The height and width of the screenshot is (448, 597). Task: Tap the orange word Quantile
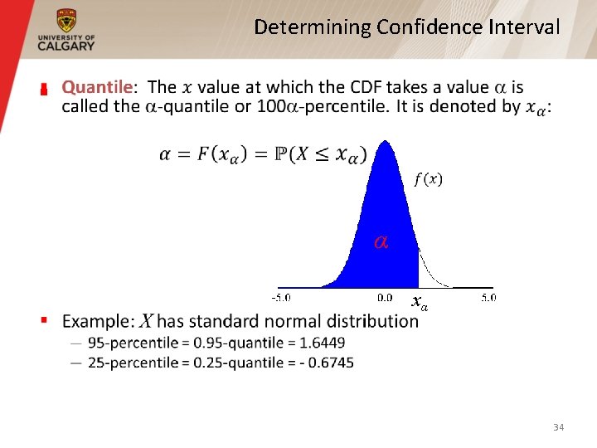tap(97, 87)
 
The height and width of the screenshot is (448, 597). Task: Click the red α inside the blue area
tap(381, 242)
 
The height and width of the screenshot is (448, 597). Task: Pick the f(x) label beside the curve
tap(428, 179)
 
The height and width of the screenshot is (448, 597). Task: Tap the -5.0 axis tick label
tap(283, 297)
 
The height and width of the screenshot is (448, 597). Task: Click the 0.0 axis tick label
tap(385, 297)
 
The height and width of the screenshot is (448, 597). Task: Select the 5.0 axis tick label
tap(488, 297)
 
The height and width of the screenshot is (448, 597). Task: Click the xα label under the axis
tap(420, 304)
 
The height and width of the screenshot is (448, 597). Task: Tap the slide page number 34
tap(558, 427)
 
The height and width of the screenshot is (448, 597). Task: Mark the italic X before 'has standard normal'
tap(145, 322)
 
